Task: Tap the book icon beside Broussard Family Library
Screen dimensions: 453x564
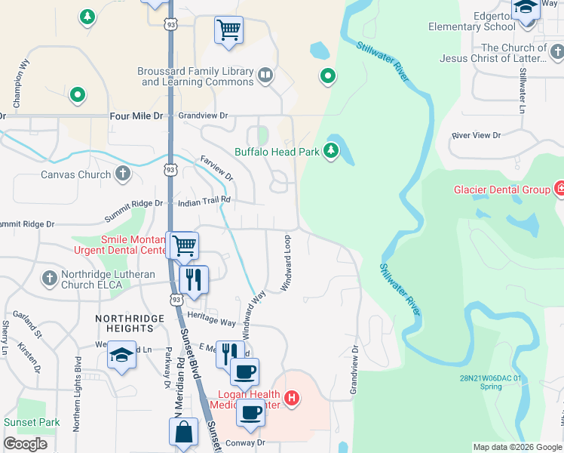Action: [x=265, y=75]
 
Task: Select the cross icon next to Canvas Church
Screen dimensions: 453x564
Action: [x=122, y=174]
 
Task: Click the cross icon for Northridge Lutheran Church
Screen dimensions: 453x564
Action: [x=50, y=278]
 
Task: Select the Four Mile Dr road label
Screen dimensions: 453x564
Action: [x=136, y=116]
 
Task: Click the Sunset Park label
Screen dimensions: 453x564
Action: [x=32, y=422]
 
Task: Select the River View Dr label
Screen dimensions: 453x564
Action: [x=476, y=135]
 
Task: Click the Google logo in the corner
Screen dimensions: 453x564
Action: [x=25, y=443]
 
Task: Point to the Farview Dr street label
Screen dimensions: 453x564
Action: [x=216, y=167]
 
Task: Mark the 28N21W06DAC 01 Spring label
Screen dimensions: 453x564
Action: [x=491, y=382]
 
